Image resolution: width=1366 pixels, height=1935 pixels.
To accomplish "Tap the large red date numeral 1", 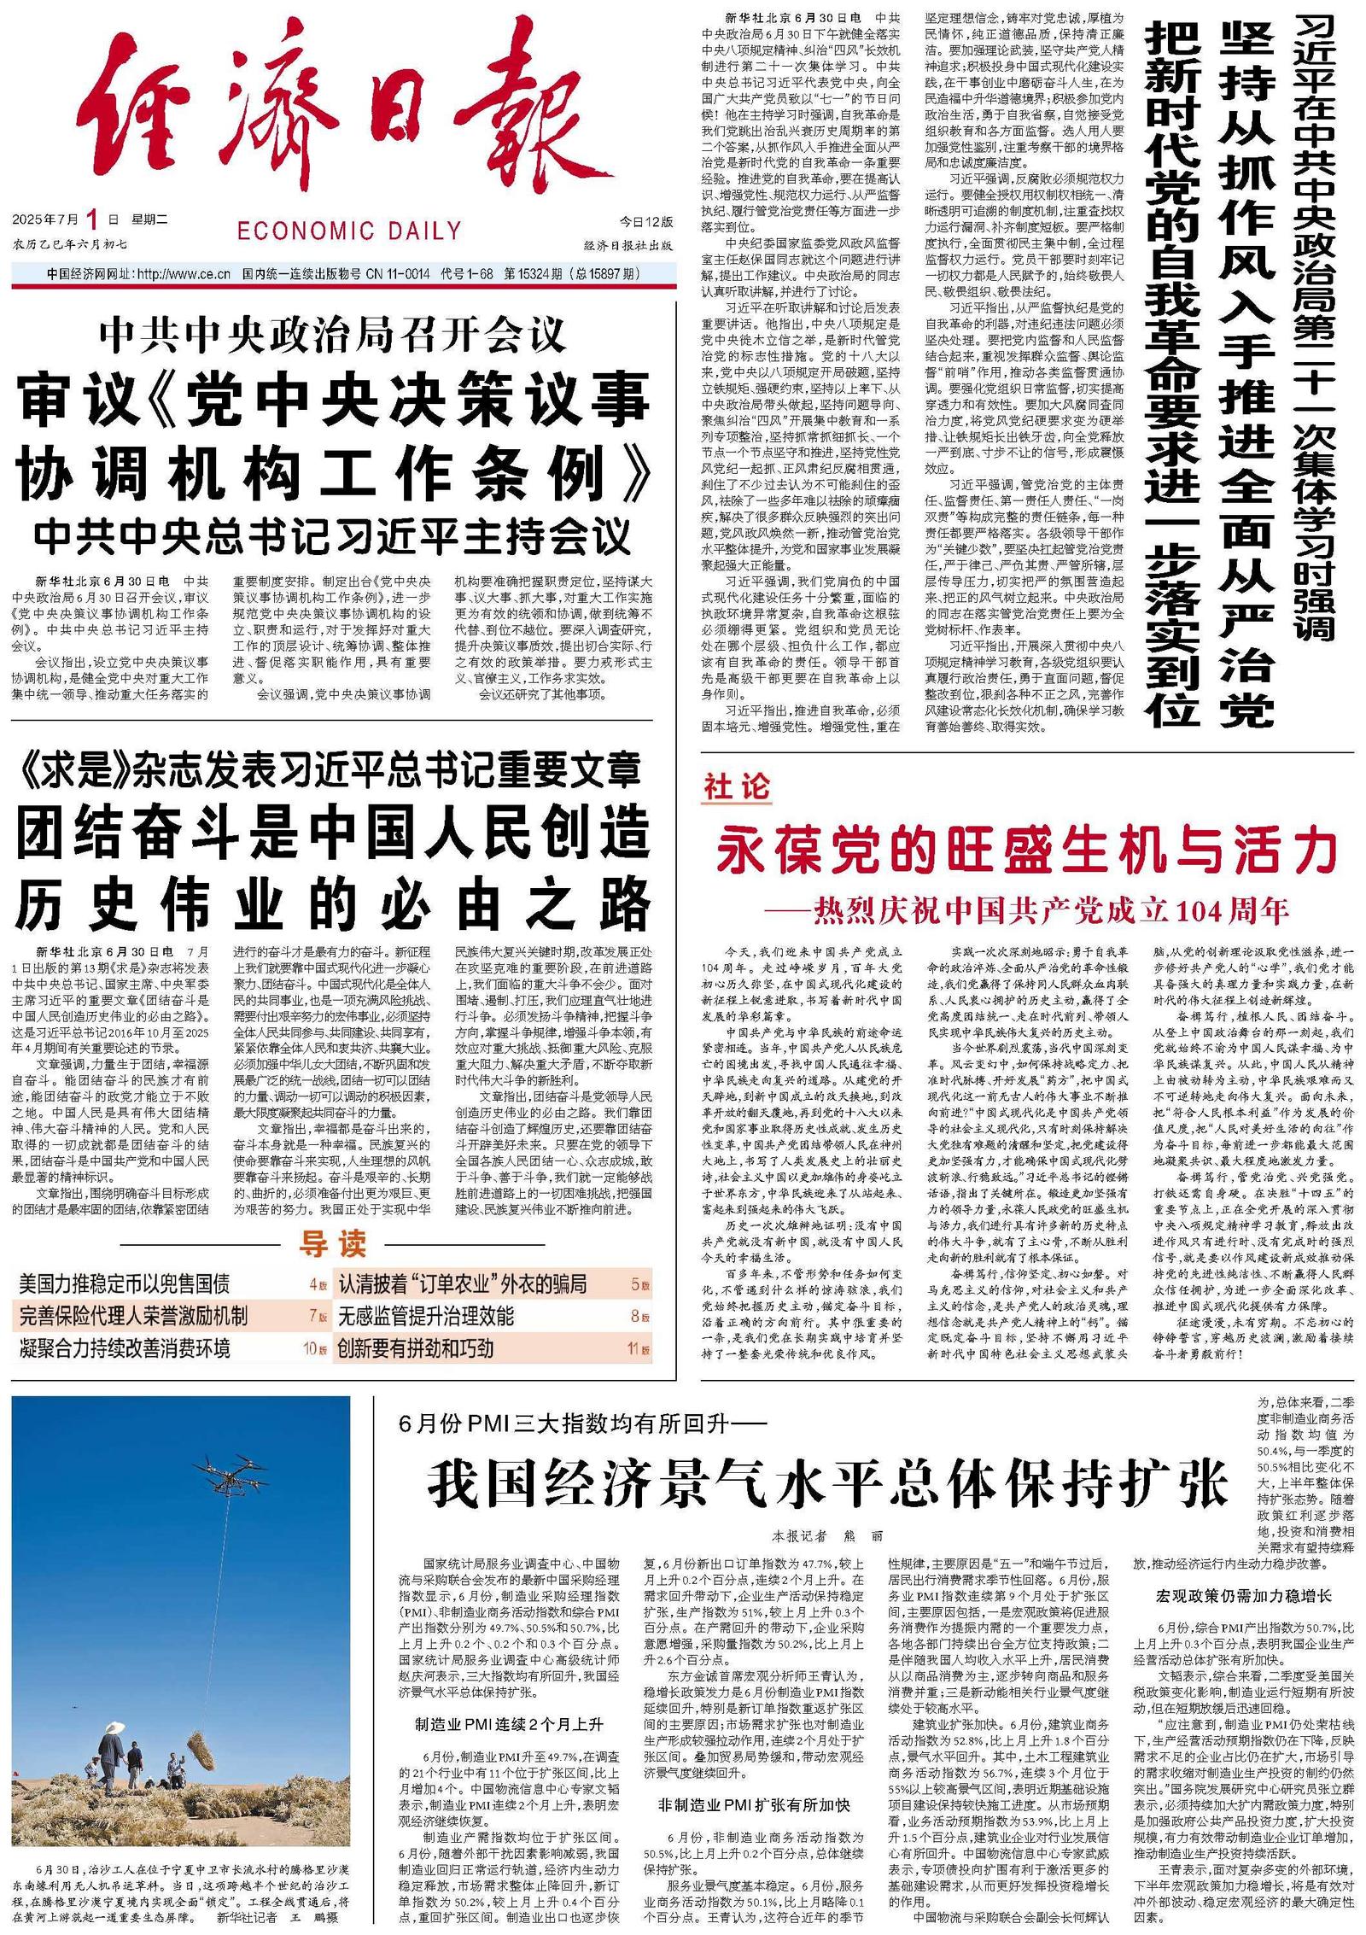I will pyautogui.click(x=92, y=221).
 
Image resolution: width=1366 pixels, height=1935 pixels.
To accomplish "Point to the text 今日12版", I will pyautogui.click(x=645, y=222).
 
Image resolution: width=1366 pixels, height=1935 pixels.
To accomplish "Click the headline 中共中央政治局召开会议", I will pyautogui.click(x=333, y=336).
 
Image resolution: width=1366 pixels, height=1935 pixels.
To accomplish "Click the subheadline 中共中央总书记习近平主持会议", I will pyautogui.click(x=333, y=537).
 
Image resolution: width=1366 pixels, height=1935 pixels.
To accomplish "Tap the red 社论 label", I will pyautogui.click(x=736, y=786).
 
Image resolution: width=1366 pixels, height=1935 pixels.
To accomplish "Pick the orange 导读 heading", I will pyautogui.click(x=332, y=1244).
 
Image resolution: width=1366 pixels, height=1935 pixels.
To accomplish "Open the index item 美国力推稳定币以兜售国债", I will pyautogui.click(x=125, y=1283).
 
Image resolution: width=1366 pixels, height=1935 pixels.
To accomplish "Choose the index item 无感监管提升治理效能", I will pyautogui.click(x=426, y=1316).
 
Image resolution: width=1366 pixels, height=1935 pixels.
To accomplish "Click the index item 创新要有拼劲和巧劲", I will pyautogui.click(x=415, y=1348).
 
